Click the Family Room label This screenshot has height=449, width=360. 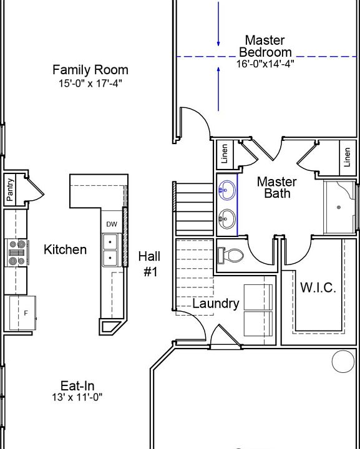pyautogui.click(x=90, y=70)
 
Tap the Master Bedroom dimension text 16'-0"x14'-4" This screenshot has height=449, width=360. pyautogui.click(x=265, y=64)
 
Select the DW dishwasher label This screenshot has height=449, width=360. pyautogui.click(x=112, y=224)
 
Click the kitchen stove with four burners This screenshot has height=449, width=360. pyautogui.click(x=17, y=253)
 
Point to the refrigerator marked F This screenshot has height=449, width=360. pyautogui.click(x=22, y=313)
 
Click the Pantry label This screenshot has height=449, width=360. pyautogui.click(x=10, y=190)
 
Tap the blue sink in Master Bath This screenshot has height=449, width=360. pyautogui.click(x=227, y=190)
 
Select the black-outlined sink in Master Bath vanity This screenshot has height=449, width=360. pyautogui.click(x=227, y=219)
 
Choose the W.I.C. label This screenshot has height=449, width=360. pyautogui.click(x=318, y=287)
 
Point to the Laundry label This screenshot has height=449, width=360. pyautogui.click(x=216, y=304)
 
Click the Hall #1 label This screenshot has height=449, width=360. pyautogui.click(x=150, y=264)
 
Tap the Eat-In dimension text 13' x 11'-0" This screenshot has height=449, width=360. pyautogui.click(x=77, y=397)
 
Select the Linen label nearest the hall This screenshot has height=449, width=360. pyautogui.click(x=225, y=154)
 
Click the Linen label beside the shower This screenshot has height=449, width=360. pyautogui.click(x=347, y=157)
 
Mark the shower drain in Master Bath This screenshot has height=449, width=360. pyautogui.click(x=339, y=207)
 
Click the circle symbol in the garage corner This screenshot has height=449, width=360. pyautogui.click(x=343, y=361)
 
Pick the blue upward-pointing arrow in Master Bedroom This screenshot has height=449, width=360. pyautogui.click(x=218, y=89)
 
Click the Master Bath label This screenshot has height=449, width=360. pyautogui.click(x=277, y=188)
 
